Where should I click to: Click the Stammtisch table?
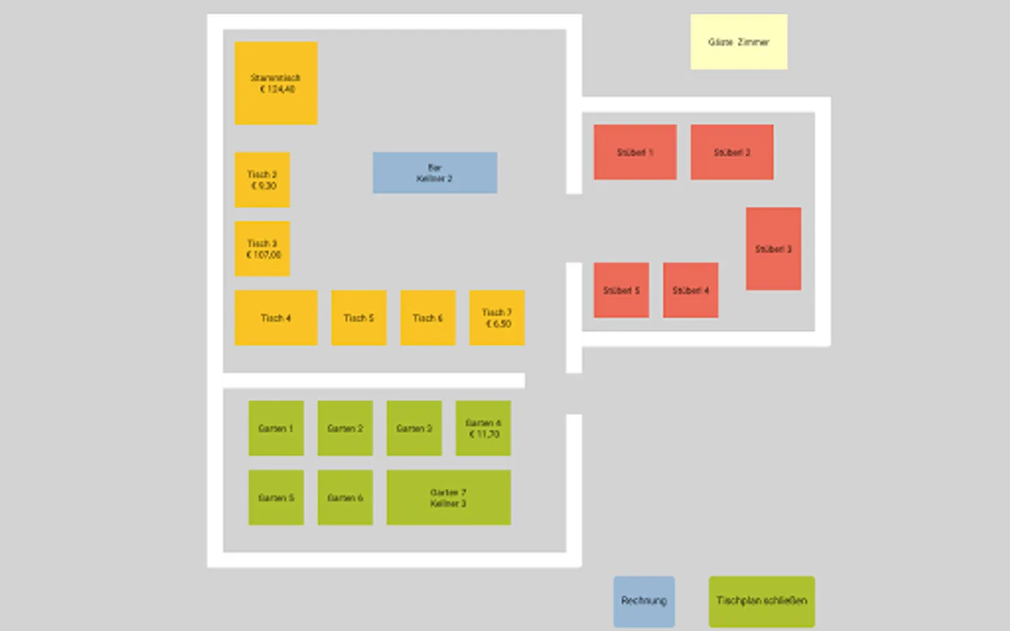pyautogui.click(x=276, y=83)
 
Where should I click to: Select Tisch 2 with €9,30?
pyautogui.click(x=262, y=179)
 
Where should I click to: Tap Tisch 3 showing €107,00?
pyautogui.click(x=262, y=249)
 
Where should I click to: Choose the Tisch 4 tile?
pyautogui.click(x=276, y=318)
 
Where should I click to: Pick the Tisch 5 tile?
pyautogui.click(x=358, y=318)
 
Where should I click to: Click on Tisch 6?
pyautogui.click(x=428, y=318)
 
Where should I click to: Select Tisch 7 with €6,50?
pyautogui.click(x=497, y=318)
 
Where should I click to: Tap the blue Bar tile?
pyautogui.click(x=435, y=172)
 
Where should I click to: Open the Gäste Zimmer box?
pyautogui.click(x=739, y=42)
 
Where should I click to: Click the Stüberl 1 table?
pyautogui.click(x=635, y=152)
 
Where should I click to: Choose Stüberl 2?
pyautogui.click(x=732, y=152)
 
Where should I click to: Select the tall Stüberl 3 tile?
pyautogui.click(x=773, y=249)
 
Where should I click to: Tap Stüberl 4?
pyautogui.click(x=690, y=290)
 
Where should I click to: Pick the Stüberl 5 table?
pyautogui.click(x=621, y=290)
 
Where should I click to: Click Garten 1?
pyautogui.click(x=276, y=428)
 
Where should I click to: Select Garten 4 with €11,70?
pyautogui.click(x=483, y=428)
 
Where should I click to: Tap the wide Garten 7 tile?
pyautogui.click(x=448, y=498)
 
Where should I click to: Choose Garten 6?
pyautogui.click(x=345, y=498)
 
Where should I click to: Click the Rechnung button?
pyautogui.click(x=644, y=601)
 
